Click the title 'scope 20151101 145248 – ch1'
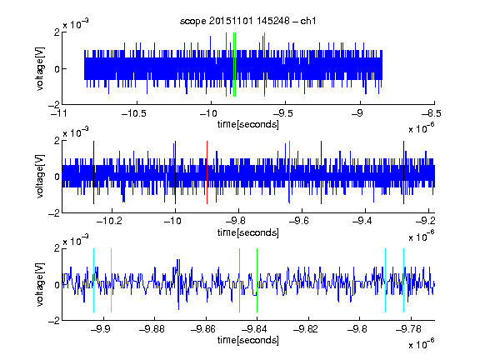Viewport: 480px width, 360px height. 247,21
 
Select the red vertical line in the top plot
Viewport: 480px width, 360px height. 226,65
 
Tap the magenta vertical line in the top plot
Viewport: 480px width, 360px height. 264,65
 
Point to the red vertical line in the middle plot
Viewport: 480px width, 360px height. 207,172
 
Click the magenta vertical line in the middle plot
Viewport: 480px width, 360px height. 290,172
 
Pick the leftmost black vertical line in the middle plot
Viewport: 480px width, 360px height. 93,172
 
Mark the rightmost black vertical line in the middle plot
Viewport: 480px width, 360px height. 404,172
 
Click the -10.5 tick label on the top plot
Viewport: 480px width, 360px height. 134,113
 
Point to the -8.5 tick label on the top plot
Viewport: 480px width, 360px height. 431,113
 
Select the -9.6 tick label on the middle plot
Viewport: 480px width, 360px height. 299,221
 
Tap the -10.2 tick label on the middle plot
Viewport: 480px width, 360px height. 109,221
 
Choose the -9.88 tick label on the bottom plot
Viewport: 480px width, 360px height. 152,329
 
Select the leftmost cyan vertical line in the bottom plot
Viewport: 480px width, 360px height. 93,280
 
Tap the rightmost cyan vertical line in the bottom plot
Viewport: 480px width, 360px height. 404,280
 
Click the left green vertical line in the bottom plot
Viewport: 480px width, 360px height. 239,280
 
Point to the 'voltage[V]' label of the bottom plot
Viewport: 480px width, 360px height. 40,284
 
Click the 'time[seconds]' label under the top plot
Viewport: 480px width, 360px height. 248,124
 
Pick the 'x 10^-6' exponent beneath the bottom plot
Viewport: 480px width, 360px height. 422,344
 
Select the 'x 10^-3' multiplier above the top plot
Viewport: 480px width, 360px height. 76,24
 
